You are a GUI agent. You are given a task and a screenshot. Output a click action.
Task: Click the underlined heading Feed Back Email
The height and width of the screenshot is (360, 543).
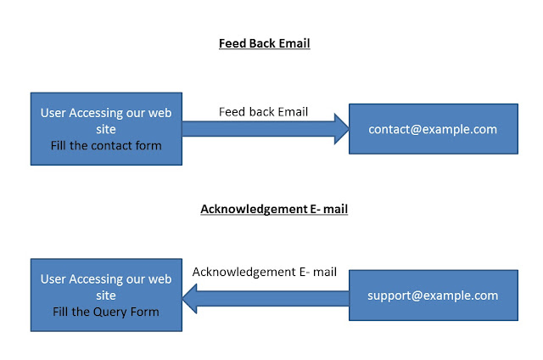coord(264,43)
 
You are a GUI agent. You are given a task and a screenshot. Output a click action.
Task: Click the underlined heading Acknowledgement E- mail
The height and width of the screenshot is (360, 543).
coord(274,209)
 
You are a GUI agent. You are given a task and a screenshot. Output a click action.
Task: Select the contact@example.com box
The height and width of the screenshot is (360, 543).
coord(433,129)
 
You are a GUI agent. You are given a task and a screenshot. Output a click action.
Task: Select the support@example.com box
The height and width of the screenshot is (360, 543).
coord(433,295)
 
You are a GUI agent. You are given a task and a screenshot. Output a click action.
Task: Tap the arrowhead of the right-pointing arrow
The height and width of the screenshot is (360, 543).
coord(339,128)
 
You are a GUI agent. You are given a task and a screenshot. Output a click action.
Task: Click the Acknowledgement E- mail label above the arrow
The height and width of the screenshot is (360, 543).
coord(265,272)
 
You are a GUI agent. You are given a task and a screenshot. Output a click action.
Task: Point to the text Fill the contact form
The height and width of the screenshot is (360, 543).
coord(106,146)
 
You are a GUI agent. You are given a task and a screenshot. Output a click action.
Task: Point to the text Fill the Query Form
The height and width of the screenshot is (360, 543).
coord(106,312)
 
